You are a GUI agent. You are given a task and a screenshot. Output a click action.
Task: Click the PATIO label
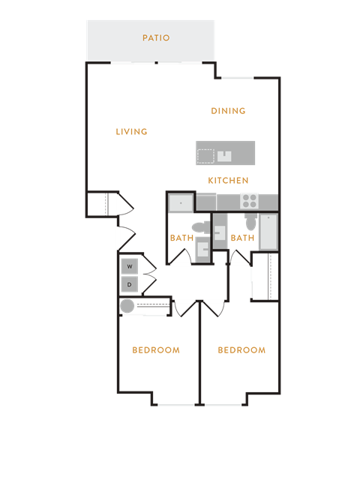[156, 38]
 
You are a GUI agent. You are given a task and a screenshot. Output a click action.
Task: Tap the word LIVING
[132, 132]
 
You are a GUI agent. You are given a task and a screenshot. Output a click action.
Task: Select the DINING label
[228, 111]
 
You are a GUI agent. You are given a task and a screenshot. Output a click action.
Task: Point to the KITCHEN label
[228, 181]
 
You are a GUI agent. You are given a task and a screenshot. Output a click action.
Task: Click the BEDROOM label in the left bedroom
[156, 350]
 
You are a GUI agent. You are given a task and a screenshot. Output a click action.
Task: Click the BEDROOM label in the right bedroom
[241, 350]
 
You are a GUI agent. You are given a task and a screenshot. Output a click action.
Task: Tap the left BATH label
[181, 238]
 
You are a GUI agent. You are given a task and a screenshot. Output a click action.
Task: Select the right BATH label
[242, 238]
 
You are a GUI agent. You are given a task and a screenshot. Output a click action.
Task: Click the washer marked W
[130, 267]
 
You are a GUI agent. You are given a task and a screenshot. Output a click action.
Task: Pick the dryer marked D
[130, 285]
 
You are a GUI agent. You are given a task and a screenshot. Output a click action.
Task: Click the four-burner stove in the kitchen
[250, 201]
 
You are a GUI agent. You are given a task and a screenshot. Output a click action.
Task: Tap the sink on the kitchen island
[224, 156]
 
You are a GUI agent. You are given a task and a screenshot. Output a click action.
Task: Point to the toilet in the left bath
[201, 228]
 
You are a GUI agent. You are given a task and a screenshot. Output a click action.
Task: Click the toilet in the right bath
[250, 222]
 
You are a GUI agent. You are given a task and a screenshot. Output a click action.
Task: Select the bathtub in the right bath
[268, 232]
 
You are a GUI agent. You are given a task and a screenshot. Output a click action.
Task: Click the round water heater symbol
[127, 306]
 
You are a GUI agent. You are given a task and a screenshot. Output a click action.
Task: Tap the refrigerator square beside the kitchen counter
[181, 202]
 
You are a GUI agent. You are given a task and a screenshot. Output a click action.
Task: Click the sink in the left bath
[203, 249]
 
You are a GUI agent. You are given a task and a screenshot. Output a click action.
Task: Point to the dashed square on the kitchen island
[205, 156]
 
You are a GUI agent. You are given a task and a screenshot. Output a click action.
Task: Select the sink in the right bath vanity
[220, 233]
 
